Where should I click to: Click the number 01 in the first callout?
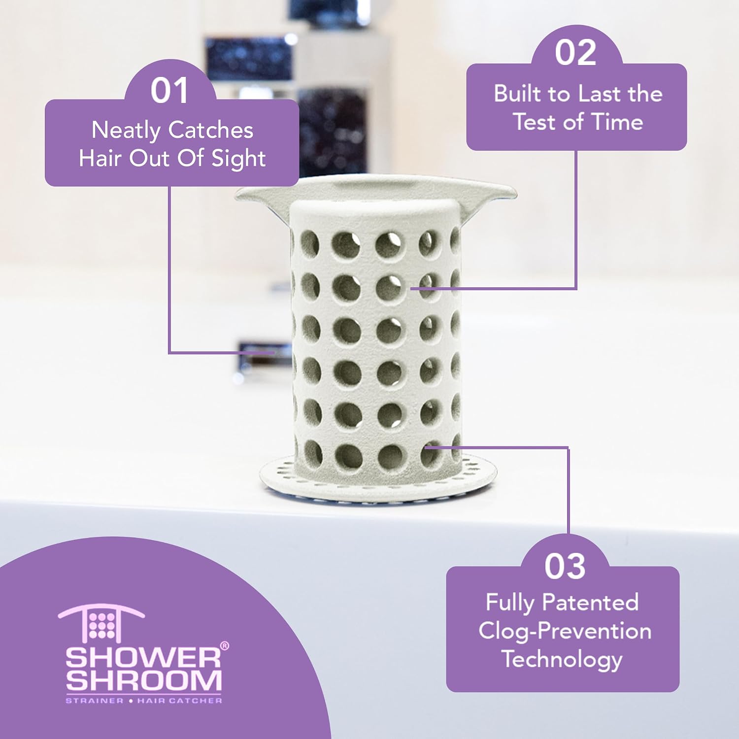pyautogui.click(x=169, y=91)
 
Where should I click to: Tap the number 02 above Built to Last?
pyautogui.click(x=575, y=52)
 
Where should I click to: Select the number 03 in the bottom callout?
pyautogui.click(x=565, y=567)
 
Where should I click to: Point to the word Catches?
pyautogui.click(x=211, y=130)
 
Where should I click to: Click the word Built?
pyautogui.click(x=518, y=94)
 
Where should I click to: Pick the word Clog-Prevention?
pyautogui.click(x=565, y=631)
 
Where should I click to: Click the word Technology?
pyautogui.click(x=562, y=660)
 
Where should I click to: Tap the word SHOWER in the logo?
pyautogui.click(x=143, y=658)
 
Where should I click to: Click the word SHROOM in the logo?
pyautogui.click(x=144, y=680)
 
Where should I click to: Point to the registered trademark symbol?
pyautogui.click(x=224, y=646)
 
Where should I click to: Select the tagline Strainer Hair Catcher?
pyautogui.click(x=144, y=700)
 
